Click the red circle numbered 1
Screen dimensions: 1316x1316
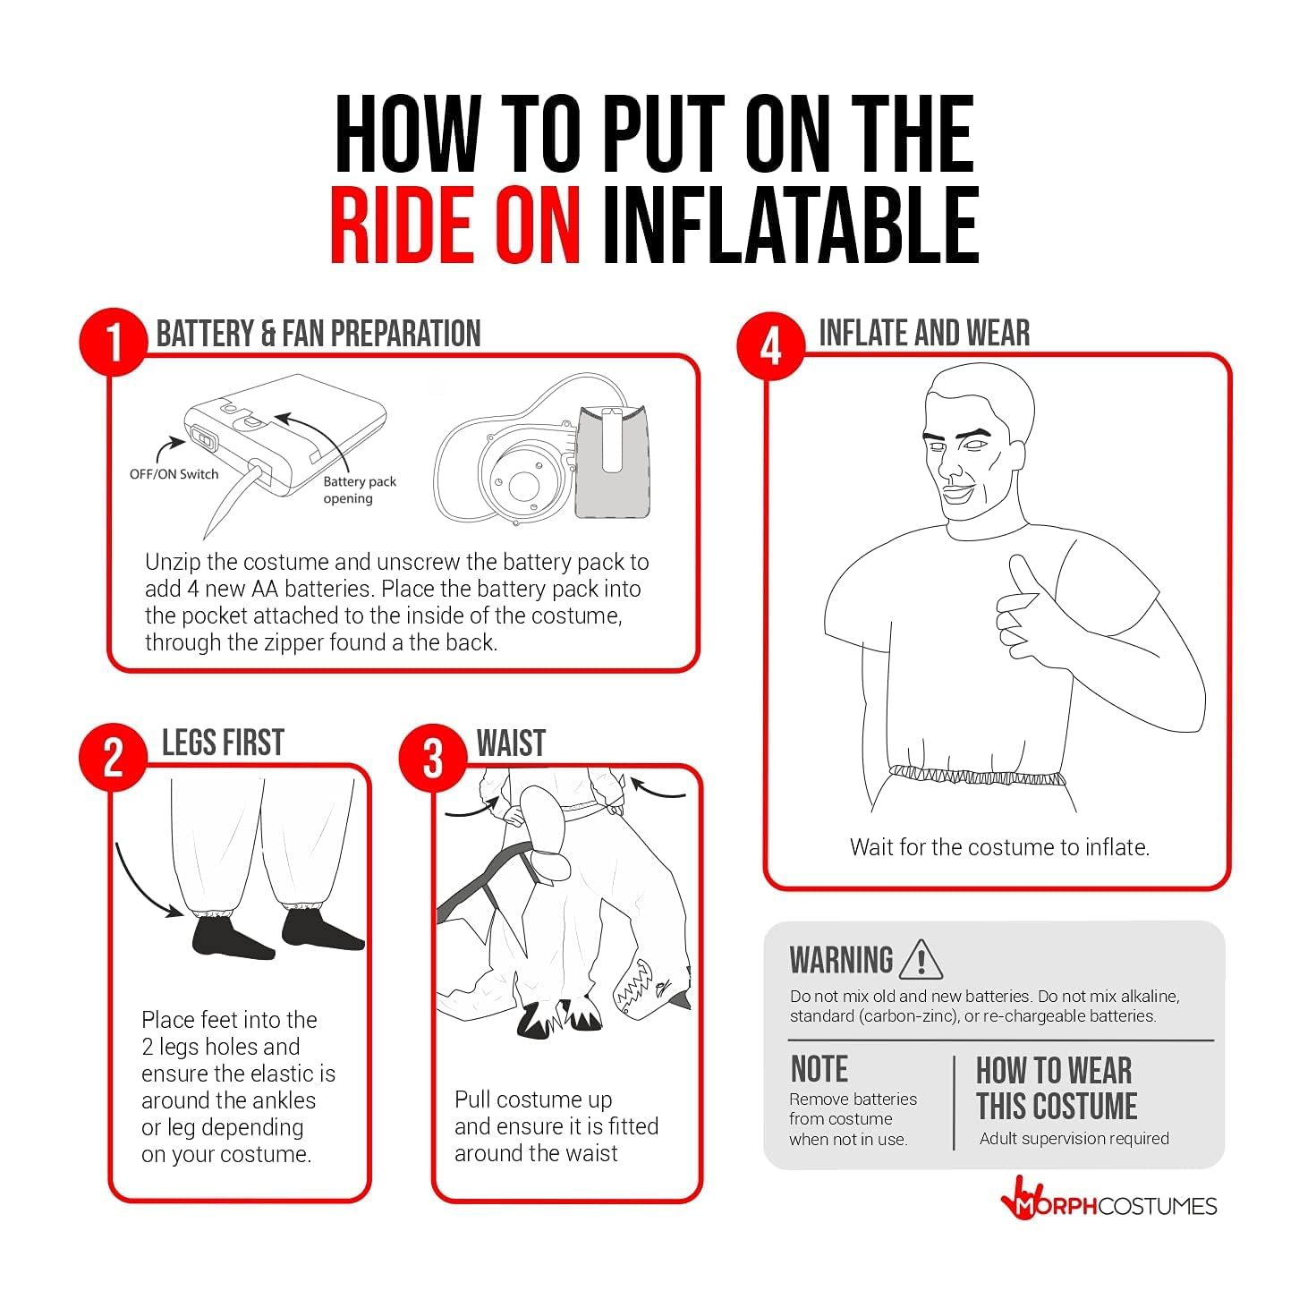point(114,342)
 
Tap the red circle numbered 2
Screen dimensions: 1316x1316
point(114,758)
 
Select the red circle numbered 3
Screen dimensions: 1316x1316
point(433,758)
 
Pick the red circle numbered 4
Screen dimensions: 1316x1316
point(770,346)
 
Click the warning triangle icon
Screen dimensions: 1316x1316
point(921,960)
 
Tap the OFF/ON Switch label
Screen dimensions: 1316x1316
point(174,474)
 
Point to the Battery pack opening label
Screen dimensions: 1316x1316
point(360,489)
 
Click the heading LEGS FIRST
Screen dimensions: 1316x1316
point(223,743)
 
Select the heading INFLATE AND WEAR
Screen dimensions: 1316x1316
point(924,334)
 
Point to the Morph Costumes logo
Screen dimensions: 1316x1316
point(1108,1205)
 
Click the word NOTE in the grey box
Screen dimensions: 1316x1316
point(819,1069)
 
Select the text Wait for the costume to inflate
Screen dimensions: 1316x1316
point(1000,847)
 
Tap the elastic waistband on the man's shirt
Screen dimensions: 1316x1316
point(977,777)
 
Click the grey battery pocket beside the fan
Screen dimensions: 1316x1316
point(612,461)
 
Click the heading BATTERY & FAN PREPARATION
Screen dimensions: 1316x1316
point(318,334)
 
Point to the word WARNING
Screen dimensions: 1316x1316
point(841,960)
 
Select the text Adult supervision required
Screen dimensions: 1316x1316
point(1074,1139)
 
